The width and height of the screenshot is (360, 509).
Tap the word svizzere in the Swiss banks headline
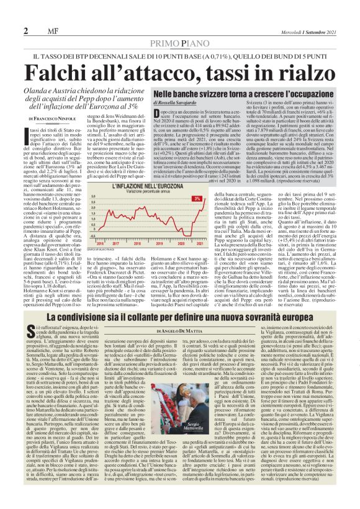[211, 92]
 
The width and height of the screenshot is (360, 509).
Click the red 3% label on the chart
[196, 199]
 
